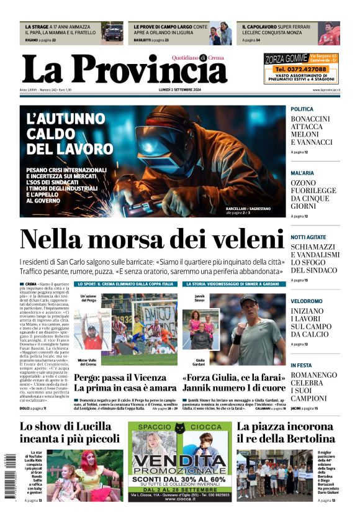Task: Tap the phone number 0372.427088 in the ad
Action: click(x=301, y=69)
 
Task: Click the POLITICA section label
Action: click(x=303, y=109)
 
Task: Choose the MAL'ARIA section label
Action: click(x=303, y=173)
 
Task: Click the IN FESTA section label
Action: click(x=302, y=365)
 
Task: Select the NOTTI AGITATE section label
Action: click(x=308, y=237)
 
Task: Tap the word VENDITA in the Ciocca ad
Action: click(x=180, y=462)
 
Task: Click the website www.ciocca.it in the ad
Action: click(x=179, y=499)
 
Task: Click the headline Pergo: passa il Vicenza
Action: click(x=125, y=383)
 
